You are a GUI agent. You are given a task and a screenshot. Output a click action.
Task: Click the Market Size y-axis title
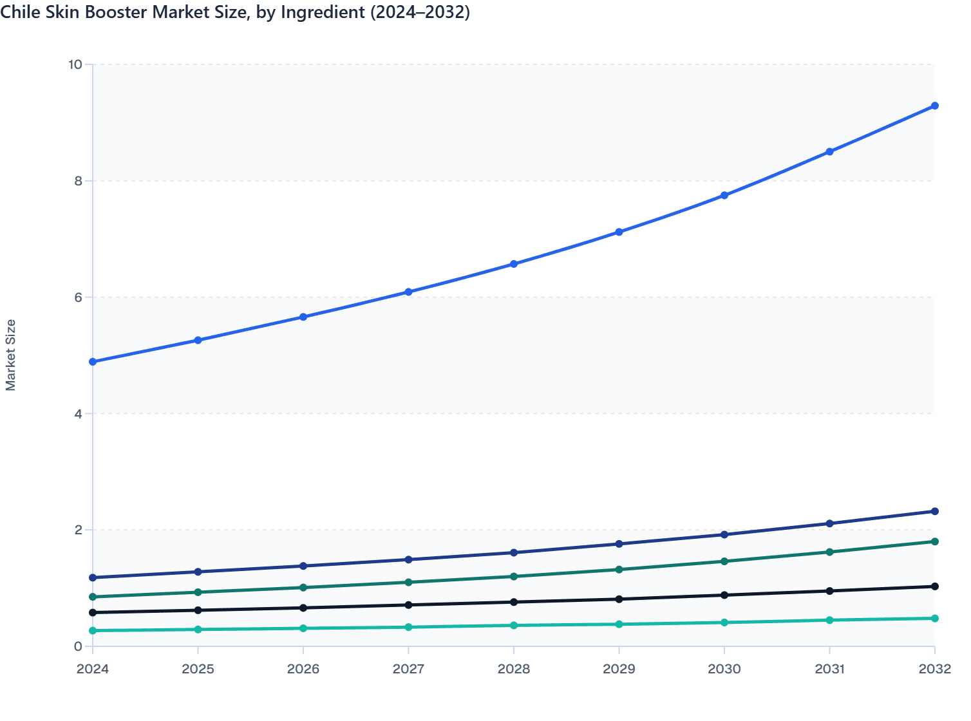click(x=11, y=355)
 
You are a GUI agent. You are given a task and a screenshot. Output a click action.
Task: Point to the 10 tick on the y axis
click(x=75, y=64)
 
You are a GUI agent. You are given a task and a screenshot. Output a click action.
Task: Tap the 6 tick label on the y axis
click(x=78, y=297)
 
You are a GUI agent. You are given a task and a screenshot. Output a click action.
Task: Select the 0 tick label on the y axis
click(x=78, y=646)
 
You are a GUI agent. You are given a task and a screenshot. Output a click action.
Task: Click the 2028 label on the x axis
click(x=514, y=669)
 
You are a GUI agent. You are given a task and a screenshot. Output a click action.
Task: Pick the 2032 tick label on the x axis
click(x=934, y=669)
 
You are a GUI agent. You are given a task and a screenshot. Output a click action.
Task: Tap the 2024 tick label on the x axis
click(x=93, y=669)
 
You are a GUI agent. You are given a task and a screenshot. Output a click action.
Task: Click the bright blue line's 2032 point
click(x=935, y=106)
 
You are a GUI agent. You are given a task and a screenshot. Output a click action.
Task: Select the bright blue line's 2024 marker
click(x=93, y=362)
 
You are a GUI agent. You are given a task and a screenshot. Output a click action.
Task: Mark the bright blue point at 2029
click(x=619, y=232)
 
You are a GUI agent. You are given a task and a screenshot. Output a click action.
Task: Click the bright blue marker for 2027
click(x=408, y=292)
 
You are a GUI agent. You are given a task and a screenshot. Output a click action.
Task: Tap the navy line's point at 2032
click(x=935, y=511)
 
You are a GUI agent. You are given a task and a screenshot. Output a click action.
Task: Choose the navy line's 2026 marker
click(x=303, y=566)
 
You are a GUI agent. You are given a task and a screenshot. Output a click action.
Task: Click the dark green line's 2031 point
click(x=829, y=552)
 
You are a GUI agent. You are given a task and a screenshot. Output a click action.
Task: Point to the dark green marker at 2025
click(x=198, y=592)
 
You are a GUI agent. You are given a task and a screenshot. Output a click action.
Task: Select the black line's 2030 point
click(x=724, y=595)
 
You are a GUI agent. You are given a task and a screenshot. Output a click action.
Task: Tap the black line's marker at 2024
click(x=93, y=612)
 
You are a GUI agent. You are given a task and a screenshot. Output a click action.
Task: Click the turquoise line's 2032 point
click(x=935, y=618)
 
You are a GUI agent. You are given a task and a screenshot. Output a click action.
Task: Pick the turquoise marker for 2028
click(x=514, y=625)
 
